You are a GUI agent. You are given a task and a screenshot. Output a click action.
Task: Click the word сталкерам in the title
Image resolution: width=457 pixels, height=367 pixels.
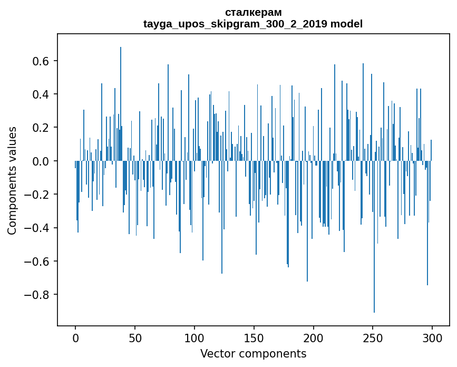tap(253, 12)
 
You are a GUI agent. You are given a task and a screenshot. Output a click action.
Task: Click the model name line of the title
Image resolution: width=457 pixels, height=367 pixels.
tap(253, 24)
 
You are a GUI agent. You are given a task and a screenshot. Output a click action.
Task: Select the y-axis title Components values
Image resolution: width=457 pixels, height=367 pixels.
tap(12, 180)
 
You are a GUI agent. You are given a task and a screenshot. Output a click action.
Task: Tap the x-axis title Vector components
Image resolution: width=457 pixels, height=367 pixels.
tap(253, 353)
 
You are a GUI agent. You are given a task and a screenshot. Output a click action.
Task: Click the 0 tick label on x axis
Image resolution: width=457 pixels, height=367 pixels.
tap(75, 337)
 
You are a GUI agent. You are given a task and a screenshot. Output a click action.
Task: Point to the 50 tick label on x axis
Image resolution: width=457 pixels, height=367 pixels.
tap(135, 337)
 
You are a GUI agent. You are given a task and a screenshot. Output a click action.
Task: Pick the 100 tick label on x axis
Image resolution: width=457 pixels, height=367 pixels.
tap(195, 337)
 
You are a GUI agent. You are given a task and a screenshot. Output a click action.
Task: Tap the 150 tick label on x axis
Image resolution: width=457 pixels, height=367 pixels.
tap(254, 337)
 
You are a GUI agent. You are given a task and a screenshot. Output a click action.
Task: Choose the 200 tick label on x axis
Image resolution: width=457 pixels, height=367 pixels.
tap(314, 337)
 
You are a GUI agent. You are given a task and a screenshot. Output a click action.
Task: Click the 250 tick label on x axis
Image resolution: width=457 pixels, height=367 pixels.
tap(373, 337)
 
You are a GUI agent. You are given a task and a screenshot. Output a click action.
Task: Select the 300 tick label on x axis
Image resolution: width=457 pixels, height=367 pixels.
tap(433, 337)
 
